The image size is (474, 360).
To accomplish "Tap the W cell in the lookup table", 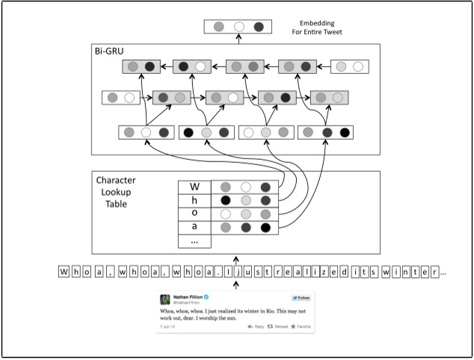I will [194, 187].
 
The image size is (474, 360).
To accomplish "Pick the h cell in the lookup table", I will [194, 201].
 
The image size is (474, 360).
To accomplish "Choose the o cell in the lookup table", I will [194, 214].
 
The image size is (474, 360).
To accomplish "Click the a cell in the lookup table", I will [194, 227].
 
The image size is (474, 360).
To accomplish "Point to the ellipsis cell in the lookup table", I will [194, 240].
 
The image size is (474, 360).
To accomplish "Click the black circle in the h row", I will [225, 200].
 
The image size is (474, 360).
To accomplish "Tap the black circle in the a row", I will [266, 227].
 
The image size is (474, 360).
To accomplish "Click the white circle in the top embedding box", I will [239, 28].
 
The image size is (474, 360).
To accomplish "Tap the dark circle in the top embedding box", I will [259, 28].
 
